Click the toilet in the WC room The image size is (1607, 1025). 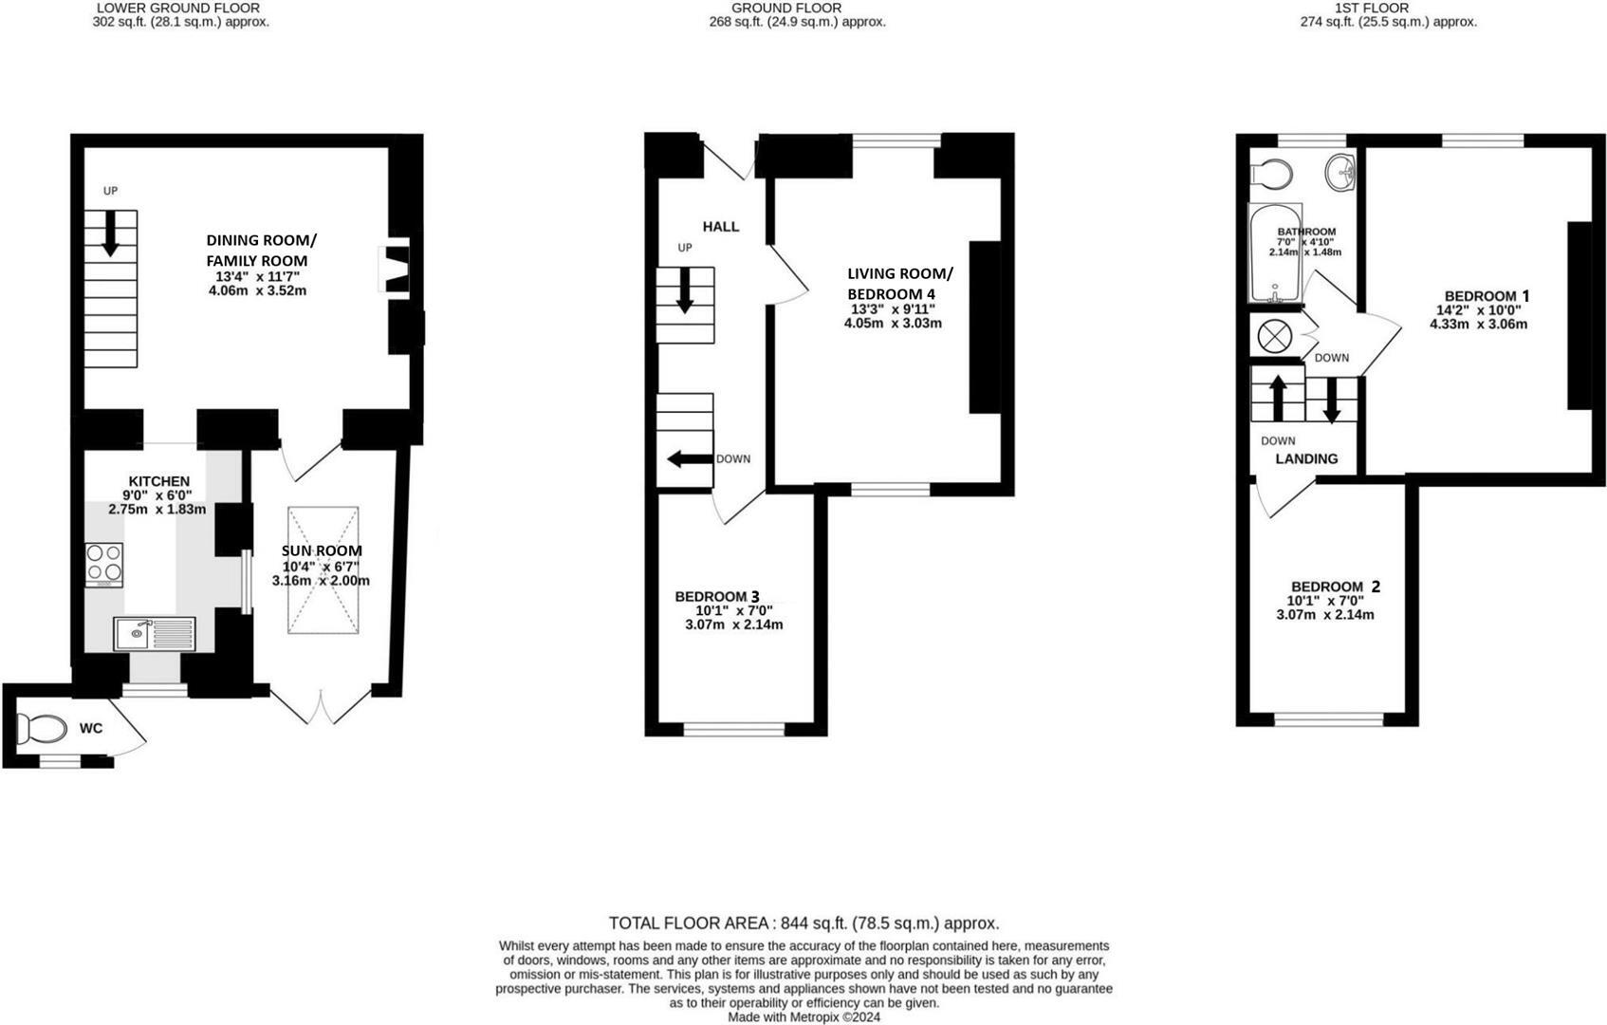[41, 729]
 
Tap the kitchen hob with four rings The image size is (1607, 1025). [103, 563]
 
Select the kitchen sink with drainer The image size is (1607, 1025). [154, 633]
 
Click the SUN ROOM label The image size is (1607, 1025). [322, 550]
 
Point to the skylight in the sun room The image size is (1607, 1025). [323, 569]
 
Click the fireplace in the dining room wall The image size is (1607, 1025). [395, 270]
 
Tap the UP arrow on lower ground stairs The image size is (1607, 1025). [110, 233]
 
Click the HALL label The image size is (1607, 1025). [720, 227]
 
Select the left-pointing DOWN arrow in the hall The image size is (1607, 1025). [690, 459]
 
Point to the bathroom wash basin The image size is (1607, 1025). [1340, 171]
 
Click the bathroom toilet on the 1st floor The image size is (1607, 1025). [1272, 175]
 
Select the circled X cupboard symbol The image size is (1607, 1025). [1271, 336]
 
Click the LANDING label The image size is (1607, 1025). [1306, 458]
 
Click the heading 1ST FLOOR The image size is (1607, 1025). [1388, 8]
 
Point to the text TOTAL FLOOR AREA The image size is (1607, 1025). [690, 922]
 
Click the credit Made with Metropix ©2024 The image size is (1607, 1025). [803, 1016]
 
